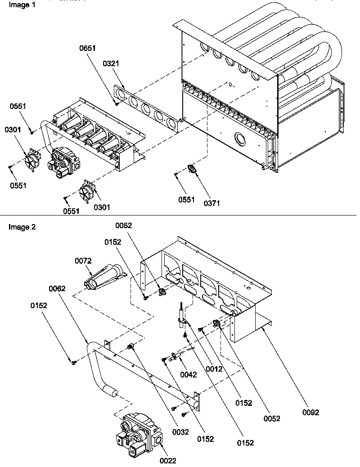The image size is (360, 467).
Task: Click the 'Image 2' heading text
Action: click(x=22, y=227)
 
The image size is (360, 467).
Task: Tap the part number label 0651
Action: click(x=88, y=48)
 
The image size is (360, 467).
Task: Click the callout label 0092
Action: click(x=310, y=413)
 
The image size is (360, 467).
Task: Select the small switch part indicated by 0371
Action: click(x=193, y=169)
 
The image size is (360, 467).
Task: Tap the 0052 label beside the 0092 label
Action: click(x=272, y=418)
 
